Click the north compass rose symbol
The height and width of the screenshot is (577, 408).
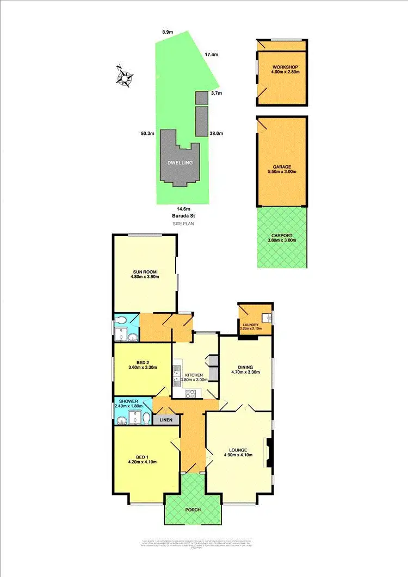(125, 77)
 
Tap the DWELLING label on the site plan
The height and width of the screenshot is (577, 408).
(180, 162)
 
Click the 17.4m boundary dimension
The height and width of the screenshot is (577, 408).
(212, 54)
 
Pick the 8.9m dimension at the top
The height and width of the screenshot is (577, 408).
(168, 33)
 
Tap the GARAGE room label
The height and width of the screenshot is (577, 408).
(282, 167)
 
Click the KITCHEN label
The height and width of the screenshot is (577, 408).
(194, 375)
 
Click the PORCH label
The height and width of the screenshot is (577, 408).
(193, 510)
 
